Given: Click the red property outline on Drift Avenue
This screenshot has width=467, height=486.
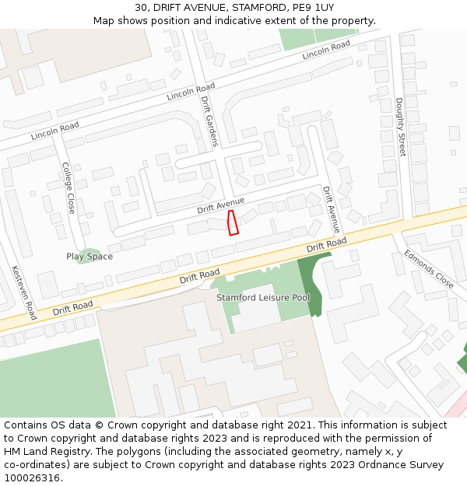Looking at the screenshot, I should coord(232,222).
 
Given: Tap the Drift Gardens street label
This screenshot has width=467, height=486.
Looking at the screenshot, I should coord(209,121).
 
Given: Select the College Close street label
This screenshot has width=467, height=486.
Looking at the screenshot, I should coord(68,187).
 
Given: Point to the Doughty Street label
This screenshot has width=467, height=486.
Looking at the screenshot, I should coord(401,127).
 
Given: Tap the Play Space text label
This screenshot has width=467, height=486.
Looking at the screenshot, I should coord(90,257).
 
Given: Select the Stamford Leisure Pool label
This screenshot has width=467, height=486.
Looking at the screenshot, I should coord(263,298).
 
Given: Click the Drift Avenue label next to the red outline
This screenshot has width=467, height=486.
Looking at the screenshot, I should coord(220,205).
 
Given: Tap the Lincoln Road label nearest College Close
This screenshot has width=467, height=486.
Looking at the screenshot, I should coord(54,131).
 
